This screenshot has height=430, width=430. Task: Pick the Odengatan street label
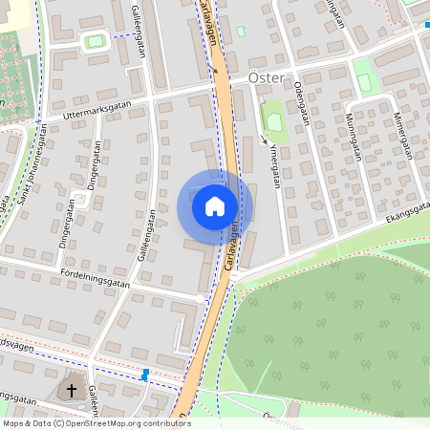tap(301, 102)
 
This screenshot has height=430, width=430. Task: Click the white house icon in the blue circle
tap(215, 205)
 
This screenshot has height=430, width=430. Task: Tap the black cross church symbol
tap(71, 390)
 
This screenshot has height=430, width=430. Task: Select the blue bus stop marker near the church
tap(145, 375)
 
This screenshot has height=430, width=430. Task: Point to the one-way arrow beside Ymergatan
tap(264, 140)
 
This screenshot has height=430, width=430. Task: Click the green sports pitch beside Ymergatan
tap(272, 119)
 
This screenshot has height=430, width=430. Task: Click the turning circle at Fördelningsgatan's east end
tap(201, 299)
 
